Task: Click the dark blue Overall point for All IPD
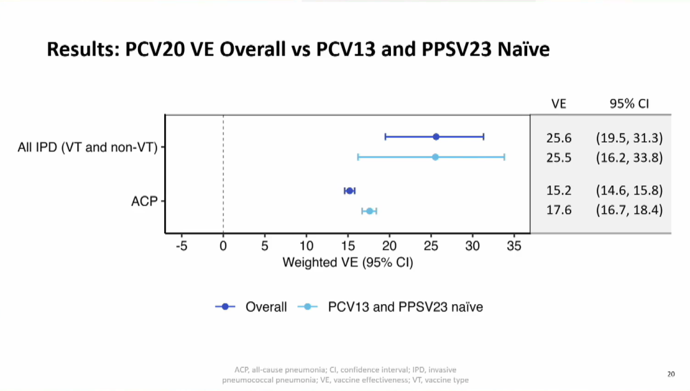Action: click(x=436, y=137)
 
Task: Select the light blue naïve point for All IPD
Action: click(x=435, y=157)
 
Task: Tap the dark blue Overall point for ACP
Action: click(x=349, y=190)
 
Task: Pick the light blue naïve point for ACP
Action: click(x=369, y=211)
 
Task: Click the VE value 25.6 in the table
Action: click(x=558, y=137)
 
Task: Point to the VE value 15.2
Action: click(x=558, y=190)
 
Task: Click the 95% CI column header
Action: click(x=629, y=103)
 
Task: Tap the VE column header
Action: click(x=558, y=103)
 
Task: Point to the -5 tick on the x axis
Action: click(x=181, y=247)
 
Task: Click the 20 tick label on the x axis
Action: click(x=390, y=247)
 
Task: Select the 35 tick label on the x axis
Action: click(x=514, y=247)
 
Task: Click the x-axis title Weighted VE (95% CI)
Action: click(x=348, y=263)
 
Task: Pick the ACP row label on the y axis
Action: click(x=144, y=201)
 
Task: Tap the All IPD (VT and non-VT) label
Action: click(x=87, y=148)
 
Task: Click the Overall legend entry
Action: click(x=266, y=307)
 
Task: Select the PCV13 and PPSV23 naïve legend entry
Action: click(x=405, y=307)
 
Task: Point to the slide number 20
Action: click(x=671, y=374)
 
